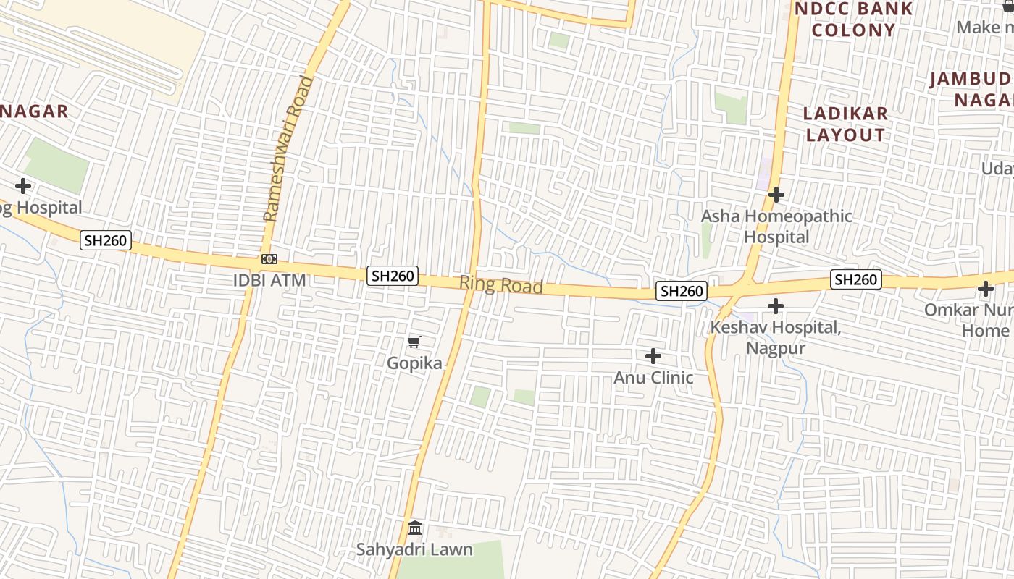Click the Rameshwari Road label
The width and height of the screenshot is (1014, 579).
[x=289, y=148]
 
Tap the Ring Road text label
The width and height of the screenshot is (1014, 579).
[x=501, y=285]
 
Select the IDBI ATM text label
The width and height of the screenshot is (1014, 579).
[x=269, y=280]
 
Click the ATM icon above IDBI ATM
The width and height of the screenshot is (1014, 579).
[x=269, y=259]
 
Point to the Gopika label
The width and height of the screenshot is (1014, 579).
[x=414, y=363]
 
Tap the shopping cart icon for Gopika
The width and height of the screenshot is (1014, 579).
[x=414, y=342]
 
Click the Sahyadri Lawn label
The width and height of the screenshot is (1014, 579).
[x=414, y=549]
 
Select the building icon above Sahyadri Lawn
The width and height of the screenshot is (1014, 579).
[x=415, y=528]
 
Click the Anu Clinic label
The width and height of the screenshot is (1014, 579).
[x=653, y=378]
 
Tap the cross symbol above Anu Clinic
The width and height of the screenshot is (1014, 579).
[x=653, y=356]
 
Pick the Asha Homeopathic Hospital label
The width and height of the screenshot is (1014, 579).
[x=776, y=227]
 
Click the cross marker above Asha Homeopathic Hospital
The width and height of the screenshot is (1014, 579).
[x=776, y=195]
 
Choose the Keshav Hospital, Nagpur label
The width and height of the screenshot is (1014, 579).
[x=775, y=337]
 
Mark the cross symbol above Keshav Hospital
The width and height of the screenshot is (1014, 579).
[x=776, y=306]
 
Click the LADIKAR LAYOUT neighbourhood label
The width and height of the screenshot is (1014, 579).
[x=846, y=124]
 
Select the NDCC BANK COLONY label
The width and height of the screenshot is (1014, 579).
[x=853, y=20]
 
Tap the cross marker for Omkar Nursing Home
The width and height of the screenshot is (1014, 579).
[x=985, y=289]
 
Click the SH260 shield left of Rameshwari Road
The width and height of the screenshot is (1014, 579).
[x=106, y=241]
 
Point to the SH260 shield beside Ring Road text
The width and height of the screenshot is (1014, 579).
[x=393, y=276]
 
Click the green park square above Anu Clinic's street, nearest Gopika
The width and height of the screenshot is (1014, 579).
[x=479, y=396]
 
